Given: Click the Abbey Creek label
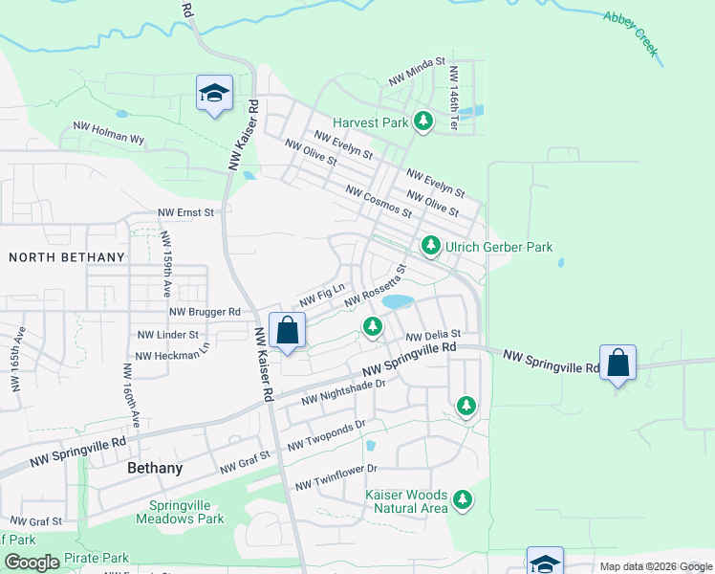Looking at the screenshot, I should (x=632, y=33).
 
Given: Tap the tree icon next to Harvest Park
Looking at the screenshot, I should (x=422, y=121).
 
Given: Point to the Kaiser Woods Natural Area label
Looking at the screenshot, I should (x=406, y=501).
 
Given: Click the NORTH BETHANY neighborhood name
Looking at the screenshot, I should (x=67, y=257).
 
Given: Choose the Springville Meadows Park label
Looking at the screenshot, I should (x=186, y=512).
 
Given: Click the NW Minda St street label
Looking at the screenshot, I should (x=417, y=73).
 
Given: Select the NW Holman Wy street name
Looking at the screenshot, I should (x=109, y=132).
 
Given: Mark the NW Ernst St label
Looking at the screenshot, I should (x=188, y=212).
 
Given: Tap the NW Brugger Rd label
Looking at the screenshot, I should (x=205, y=312).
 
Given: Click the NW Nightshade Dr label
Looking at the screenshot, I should (x=342, y=391).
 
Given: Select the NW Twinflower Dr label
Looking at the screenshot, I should (x=336, y=477).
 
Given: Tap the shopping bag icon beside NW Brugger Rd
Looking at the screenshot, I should (x=287, y=331).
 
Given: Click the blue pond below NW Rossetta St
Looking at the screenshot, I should (x=398, y=301).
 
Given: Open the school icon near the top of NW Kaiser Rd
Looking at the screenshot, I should (x=214, y=93).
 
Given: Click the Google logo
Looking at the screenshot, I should (x=32, y=563).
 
